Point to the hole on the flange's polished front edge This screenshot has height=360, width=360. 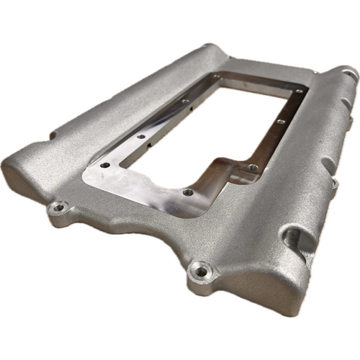(188, 192)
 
